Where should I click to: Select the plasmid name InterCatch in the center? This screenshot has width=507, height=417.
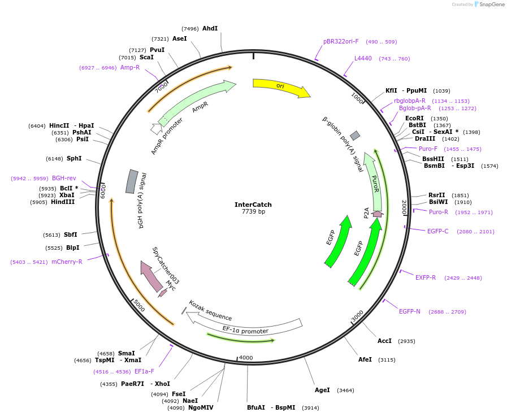click(253, 205)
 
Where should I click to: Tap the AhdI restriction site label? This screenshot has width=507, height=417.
click(210, 28)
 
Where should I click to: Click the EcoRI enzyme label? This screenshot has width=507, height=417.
click(414, 119)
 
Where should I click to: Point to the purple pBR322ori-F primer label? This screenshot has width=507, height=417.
click(341, 41)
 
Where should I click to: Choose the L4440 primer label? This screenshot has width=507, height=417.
click(363, 58)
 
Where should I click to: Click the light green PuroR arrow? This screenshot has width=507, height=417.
click(374, 181)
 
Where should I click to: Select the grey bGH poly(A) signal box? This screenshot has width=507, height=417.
click(132, 181)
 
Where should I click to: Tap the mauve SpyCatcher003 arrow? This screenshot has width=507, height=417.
click(151, 276)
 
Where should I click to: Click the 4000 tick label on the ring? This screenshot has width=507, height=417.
click(246, 358)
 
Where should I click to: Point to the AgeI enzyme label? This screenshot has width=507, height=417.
click(322, 390)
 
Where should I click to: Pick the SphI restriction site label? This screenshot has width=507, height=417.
click(74, 159)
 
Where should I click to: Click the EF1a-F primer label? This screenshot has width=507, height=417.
click(144, 371)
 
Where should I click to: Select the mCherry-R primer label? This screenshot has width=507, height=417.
click(66, 262)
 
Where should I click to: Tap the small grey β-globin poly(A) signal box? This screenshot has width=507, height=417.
click(355, 136)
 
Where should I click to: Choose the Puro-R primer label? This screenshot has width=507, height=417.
click(439, 212)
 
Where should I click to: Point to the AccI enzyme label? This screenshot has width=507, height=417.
click(384, 341)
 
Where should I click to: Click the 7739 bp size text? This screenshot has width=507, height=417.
click(253, 212)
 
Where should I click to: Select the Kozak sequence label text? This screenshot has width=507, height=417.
click(210, 310)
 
